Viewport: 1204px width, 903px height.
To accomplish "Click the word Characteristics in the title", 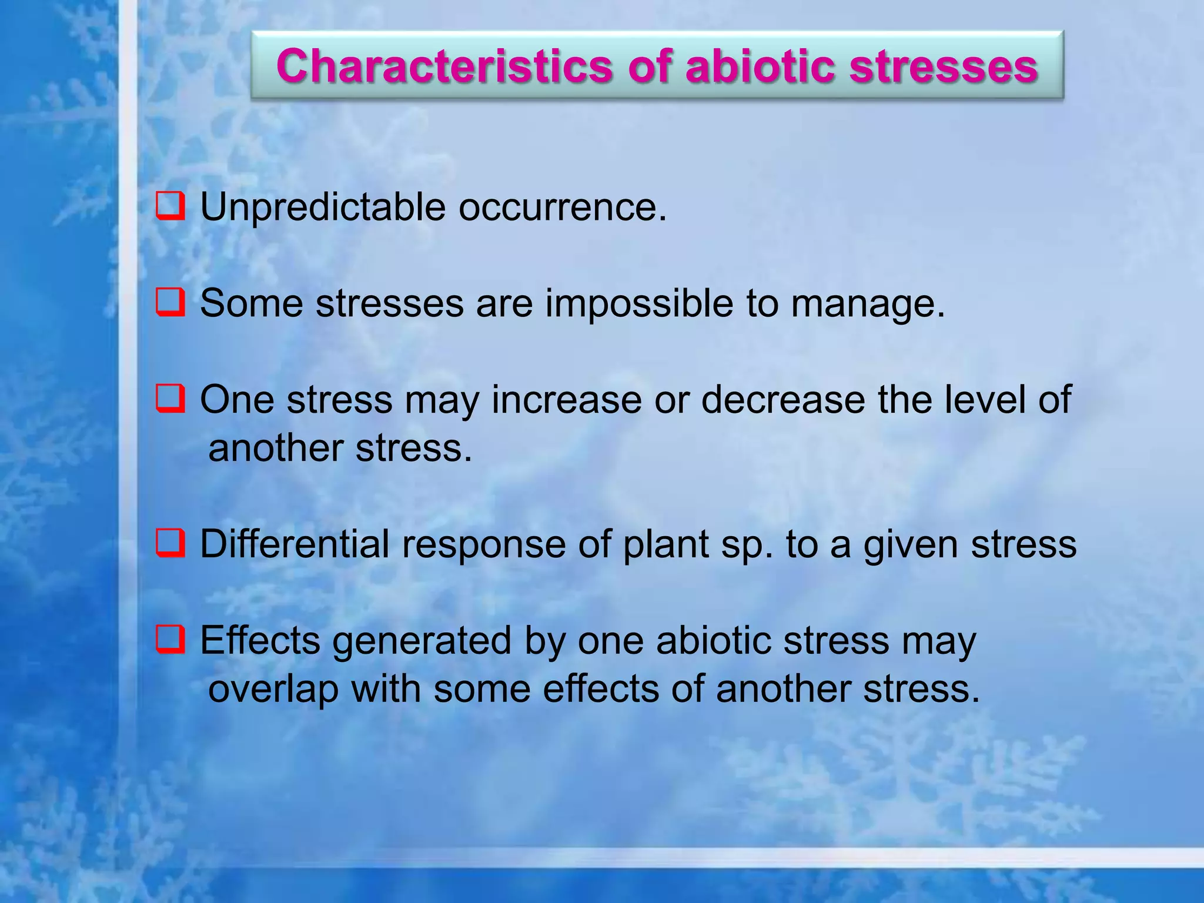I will pos(444,66).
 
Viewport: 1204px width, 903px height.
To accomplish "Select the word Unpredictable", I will pos(323,207).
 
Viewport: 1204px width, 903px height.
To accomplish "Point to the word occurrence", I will pos(563,208).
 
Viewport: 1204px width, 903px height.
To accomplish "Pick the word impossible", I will pos(639,305).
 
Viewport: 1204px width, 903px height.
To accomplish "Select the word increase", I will pos(566,400).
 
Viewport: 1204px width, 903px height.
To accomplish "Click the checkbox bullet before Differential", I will pos(170,543).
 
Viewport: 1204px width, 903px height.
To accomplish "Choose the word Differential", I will pos(295,544).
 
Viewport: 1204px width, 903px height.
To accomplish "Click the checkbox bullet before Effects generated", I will pos(170,640).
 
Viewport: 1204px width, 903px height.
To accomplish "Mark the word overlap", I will pos(273,690).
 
